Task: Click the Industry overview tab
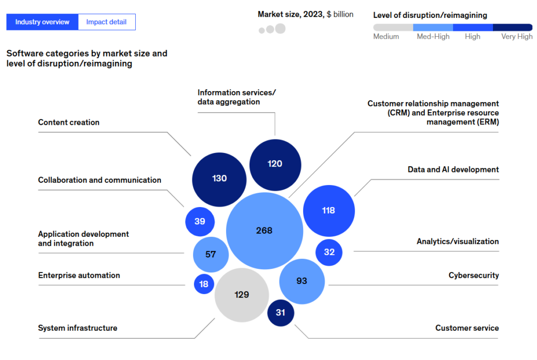[x=42, y=22]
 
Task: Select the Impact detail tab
[x=106, y=22]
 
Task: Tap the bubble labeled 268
[x=264, y=231]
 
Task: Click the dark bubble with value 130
[x=219, y=179]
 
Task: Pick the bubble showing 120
[x=275, y=164]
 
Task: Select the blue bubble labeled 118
[x=329, y=211]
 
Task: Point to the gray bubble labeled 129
[x=242, y=294]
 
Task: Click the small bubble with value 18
[x=204, y=284]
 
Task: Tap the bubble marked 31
[x=281, y=313]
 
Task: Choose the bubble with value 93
[x=302, y=281]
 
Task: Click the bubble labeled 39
[x=200, y=222]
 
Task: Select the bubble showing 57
[x=210, y=255]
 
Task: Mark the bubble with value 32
[x=329, y=252]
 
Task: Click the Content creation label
[x=69, y=123]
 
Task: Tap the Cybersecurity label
[x=474, y=276]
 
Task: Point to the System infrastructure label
[x=78, y=328]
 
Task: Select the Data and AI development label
[x=453, y=170]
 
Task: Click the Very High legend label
[x=517, y=37]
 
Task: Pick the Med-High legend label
[x=433, y=37]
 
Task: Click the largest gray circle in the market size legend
[x=280, y=28]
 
